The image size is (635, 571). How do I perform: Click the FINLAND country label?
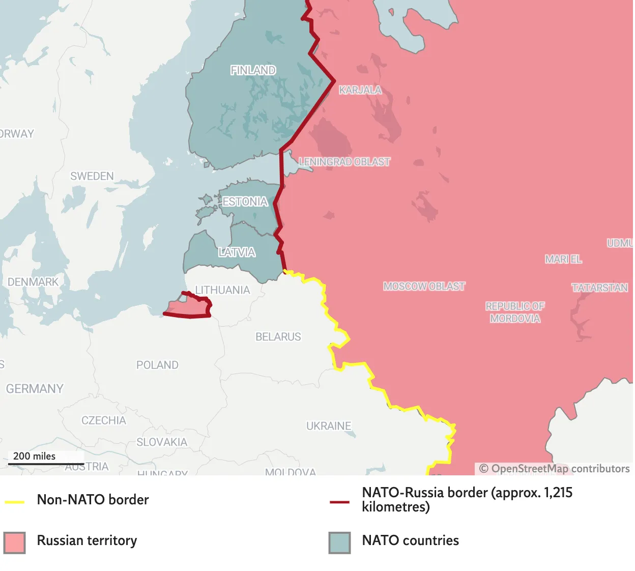tap(253, 70)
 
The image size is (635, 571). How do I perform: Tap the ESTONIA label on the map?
tap(245, 202)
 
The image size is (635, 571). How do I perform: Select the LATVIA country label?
tap(237, 252)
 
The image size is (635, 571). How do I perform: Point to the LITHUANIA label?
tap(223, 290)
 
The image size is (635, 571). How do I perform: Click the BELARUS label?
tap(278, 337)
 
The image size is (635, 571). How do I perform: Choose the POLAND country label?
tap(157, 365)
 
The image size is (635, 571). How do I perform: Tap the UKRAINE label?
tap(329, 426)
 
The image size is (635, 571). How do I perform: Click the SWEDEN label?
tap(92, 176)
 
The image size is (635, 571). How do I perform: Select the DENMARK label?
tap(33, 282)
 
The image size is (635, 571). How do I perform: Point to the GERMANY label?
tap(35, 389)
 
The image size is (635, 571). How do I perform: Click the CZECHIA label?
tap(104, 420)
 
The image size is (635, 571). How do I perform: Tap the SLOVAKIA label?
tap(162, 442)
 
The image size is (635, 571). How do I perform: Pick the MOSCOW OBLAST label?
tap(424, 287)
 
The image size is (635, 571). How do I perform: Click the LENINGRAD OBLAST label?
tap(344, 162)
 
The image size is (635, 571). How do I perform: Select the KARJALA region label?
tap(360, 90)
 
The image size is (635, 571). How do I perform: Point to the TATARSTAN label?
tap(599, 288)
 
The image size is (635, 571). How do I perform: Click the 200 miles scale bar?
tap(46, 464)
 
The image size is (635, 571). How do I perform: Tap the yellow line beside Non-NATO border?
tap(15, 502)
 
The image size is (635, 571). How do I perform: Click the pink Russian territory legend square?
tap(14, 543)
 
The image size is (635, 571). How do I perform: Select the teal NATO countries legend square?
tap(339, 543)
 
